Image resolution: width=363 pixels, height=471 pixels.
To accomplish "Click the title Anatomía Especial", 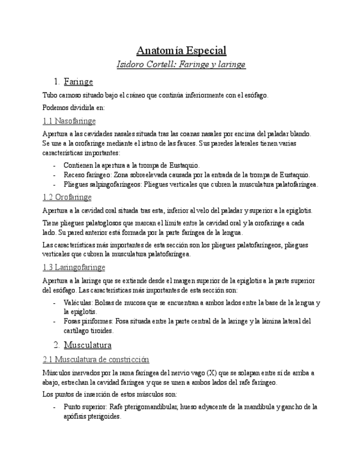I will [x=181, y=51].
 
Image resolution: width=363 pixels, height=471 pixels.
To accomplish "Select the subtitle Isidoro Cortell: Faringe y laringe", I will [x=181, y=64].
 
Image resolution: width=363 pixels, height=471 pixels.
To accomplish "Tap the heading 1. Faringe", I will [x=78, y=82].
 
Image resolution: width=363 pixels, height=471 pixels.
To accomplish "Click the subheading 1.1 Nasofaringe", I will [x=69, y=121].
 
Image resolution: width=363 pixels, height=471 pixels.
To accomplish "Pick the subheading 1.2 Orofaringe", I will [x=67, y=197].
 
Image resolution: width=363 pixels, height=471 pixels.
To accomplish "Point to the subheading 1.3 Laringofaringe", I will [x=74, y=267].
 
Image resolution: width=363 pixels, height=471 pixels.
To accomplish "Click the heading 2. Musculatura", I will [x=88, y=345].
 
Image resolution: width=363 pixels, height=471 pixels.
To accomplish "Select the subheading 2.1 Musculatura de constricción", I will [x=96, y=359].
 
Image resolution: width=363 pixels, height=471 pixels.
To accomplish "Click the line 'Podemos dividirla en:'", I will [x=73, y=107].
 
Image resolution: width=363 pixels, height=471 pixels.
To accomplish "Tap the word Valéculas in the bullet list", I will [x=78, y=303].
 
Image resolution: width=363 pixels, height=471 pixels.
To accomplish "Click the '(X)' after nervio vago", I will [x=211, y=373].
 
